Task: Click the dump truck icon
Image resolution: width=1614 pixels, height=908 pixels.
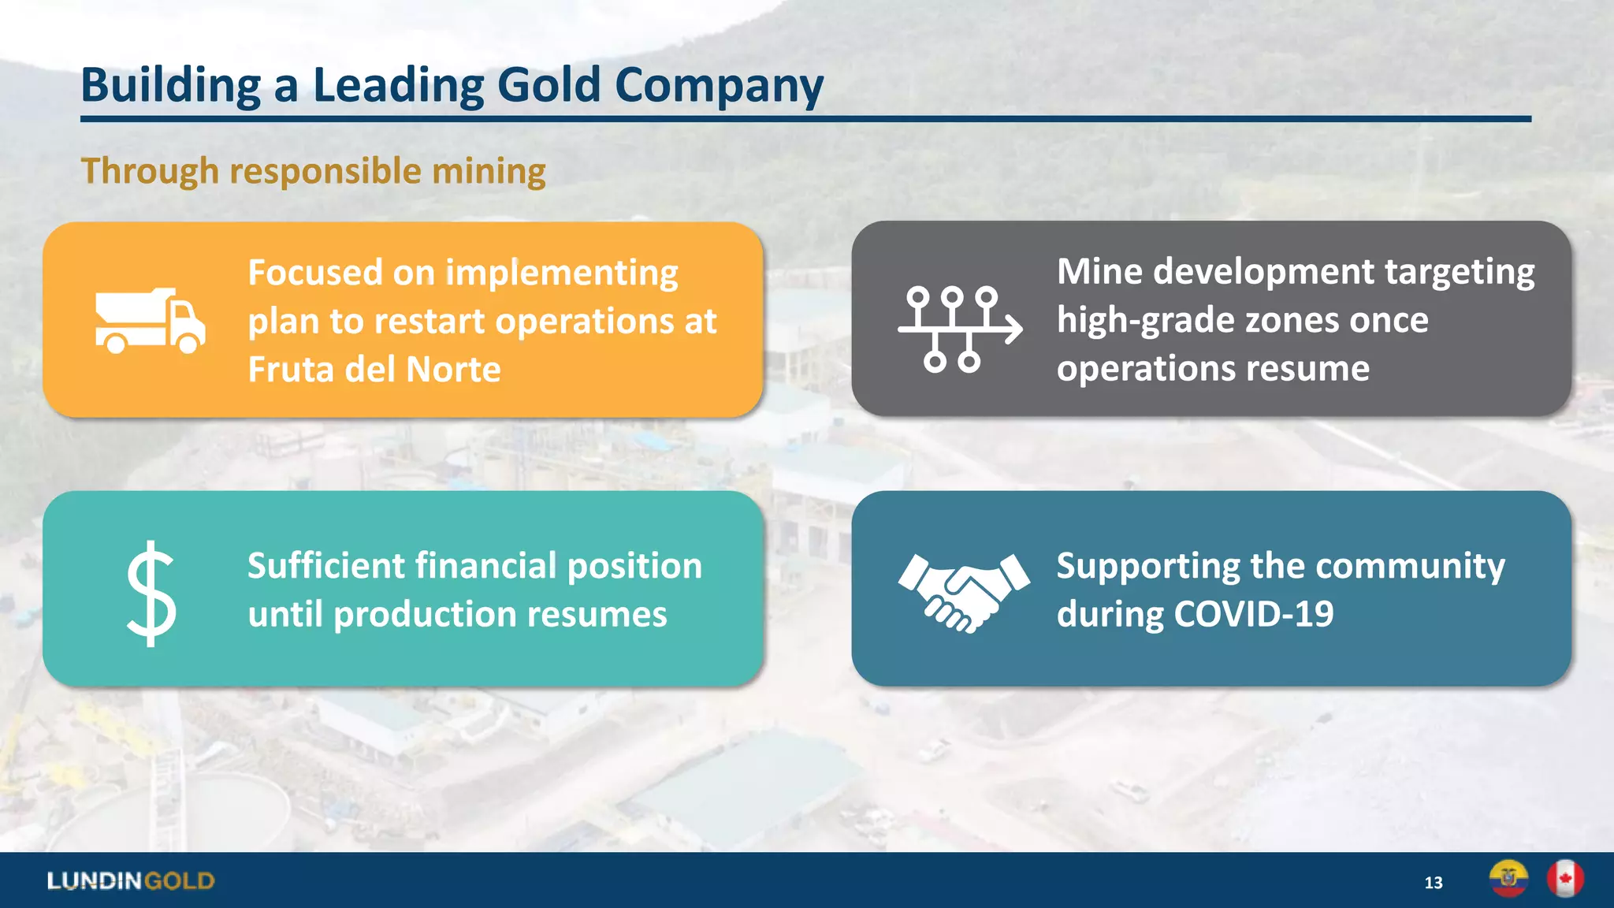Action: coord(150,320)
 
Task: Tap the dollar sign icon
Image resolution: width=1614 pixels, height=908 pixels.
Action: coord(151,593)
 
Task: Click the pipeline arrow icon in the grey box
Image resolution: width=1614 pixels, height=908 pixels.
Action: coord(960,328)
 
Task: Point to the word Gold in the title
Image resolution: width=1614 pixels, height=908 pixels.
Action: coord(549,85)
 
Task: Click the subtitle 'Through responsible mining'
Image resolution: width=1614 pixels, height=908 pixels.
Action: coord(313,171)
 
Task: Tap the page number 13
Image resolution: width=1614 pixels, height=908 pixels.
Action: coord(1433,883)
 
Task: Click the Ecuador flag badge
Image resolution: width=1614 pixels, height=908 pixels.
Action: coord(1508,878)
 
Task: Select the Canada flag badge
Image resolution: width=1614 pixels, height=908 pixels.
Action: coord(1564,878)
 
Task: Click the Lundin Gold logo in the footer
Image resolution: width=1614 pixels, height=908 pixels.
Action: coord(131,880)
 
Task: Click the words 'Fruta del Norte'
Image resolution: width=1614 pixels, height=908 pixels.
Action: coord(374,369)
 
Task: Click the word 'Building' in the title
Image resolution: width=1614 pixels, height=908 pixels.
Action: coord(170,85)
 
